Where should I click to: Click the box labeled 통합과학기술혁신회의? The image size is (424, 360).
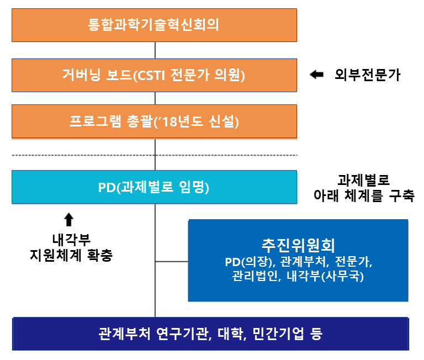pos(154,25)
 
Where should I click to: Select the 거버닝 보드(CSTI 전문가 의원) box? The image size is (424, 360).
pos(154,75)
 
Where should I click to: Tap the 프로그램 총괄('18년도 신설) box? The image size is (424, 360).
pos(154,121)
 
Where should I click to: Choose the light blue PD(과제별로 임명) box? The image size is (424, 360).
pos(154,188)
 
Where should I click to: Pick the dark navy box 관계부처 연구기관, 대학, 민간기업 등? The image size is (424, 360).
pos(210,333)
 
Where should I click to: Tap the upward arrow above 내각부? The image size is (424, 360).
pos(68,220)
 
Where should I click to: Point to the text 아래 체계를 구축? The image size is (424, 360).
pos(363,195)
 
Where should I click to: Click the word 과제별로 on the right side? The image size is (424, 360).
pos(363,181)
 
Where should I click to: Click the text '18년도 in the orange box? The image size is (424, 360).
pos(190,121)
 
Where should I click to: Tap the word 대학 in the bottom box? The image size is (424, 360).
pos(232,333)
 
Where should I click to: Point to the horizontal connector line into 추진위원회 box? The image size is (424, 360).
pos(172,261)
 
